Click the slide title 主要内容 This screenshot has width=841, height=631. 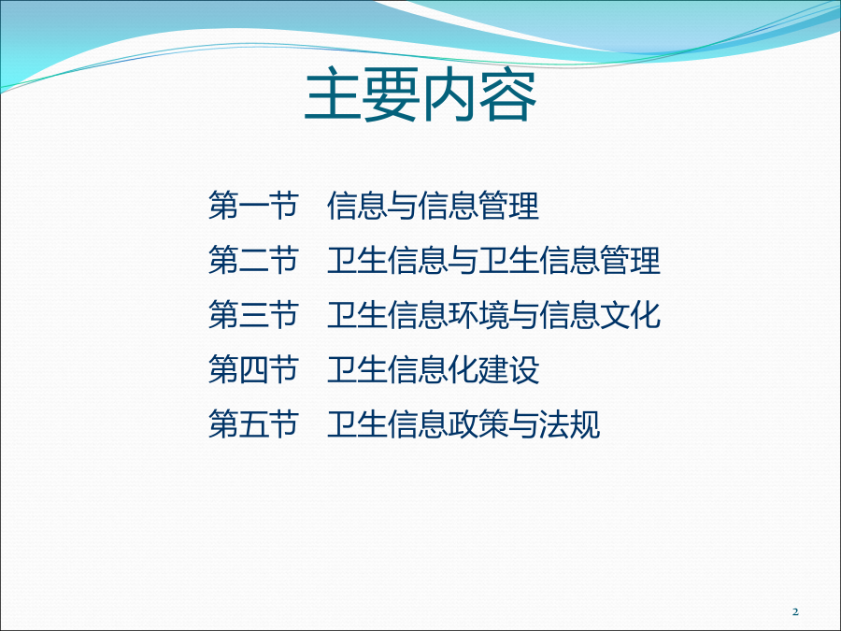pos(420,95)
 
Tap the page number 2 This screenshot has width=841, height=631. pos(795,611)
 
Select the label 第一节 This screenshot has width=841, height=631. pos(253,205)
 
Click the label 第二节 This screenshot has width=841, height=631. pos(253,260)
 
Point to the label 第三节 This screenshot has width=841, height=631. pos(253,314)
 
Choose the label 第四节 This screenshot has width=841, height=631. pos(253,369)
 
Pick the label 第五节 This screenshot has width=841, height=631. pos(253,423)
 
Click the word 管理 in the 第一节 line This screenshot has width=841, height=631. pos(509,205)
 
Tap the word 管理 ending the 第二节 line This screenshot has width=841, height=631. pos(630,260)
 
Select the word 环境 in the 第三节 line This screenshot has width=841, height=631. pos(478,314)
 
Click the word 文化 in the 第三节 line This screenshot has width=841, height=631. pos(630,314)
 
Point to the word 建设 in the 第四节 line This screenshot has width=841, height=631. pos(509,369)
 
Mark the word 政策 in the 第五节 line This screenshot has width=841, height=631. pos(478,423)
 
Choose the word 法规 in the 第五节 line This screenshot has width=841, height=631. pos(569,423)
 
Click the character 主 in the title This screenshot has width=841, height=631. pos(334,95)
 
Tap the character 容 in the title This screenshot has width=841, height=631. pos(508,95)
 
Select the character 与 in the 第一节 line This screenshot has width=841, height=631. pos(403,205)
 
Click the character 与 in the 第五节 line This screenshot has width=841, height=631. pos(523,423)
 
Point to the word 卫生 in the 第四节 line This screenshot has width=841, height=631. pos(358,369)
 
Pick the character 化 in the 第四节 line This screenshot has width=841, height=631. pos(463,369)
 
